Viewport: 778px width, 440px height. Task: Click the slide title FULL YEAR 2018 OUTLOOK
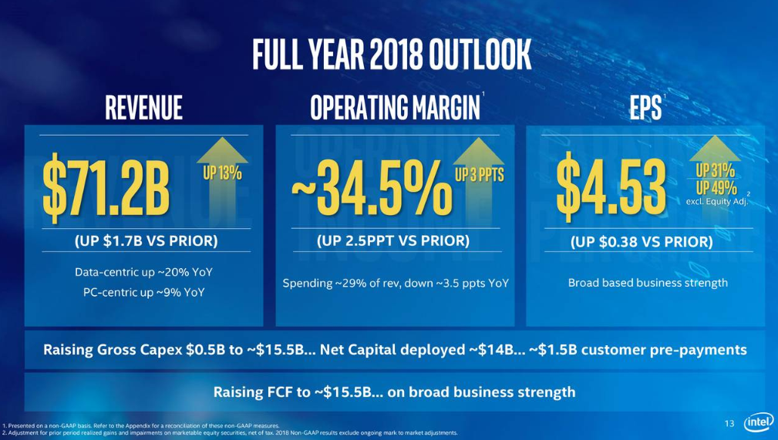(x=392, y=55)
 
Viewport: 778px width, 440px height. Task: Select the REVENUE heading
(x=144, y=108)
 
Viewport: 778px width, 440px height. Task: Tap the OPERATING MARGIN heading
(x=394, y=108)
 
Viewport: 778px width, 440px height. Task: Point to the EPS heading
(x=644, y=108)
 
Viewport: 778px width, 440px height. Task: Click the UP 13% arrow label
(x=222, y=173)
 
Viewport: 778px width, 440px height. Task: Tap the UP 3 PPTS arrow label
(x=479, y=174)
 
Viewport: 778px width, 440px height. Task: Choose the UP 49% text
(x=716, y=187)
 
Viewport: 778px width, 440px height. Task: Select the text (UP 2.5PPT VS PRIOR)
(x=392, y=240)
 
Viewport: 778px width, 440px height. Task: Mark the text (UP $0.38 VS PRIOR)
(x=641, y=241)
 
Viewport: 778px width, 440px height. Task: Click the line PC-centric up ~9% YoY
(x=144, y=292)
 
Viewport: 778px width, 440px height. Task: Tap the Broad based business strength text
(x=648, y=283)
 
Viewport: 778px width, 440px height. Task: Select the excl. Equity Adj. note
(x=716, y=202)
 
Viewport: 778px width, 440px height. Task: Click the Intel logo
(x=757, y=423)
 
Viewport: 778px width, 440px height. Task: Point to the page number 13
(x=729, y=423)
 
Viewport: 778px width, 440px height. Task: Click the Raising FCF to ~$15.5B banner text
(x=394, y=391)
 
